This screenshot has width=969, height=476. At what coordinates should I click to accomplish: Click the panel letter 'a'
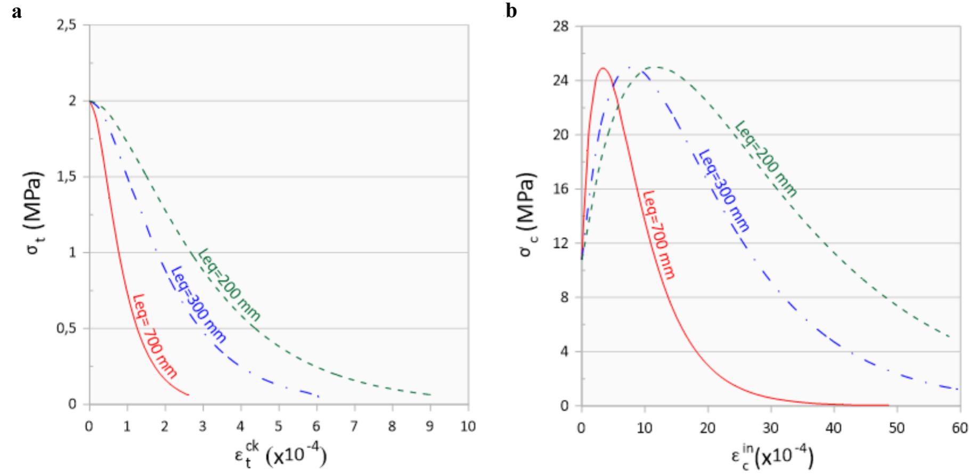click(x=17, y=12)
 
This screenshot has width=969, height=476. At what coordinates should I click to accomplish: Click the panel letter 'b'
click(x=511, y=11)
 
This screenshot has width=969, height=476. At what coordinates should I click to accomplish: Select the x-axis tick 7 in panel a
click(x=355, y=427)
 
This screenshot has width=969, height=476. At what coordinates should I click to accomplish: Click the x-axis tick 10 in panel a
click(x=468, y=427)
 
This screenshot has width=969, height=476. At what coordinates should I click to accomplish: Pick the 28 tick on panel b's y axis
click(x=562, y=26)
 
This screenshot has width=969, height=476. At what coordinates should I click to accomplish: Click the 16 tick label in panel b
click(x=562, y=189)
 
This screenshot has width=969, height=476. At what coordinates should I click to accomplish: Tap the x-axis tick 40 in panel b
click(x=834, y=429)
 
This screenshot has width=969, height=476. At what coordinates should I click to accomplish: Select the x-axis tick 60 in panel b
click(x=960, y=429)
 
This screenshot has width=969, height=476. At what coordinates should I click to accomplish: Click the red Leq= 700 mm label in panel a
click(x=154, y=336)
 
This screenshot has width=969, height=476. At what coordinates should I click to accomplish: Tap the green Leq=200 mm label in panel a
click(x=230, y=285)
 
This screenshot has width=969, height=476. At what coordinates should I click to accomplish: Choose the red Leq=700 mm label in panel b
click(x=659, y=235)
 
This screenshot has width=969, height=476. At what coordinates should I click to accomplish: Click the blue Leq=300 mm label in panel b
click(x=723, y=190)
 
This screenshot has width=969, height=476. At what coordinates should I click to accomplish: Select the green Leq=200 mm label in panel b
click(x=766, y=159)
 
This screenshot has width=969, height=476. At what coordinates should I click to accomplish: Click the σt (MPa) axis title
click(x=34, y=213)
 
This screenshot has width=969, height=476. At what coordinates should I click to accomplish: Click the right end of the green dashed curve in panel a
click(x=430, y=395)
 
